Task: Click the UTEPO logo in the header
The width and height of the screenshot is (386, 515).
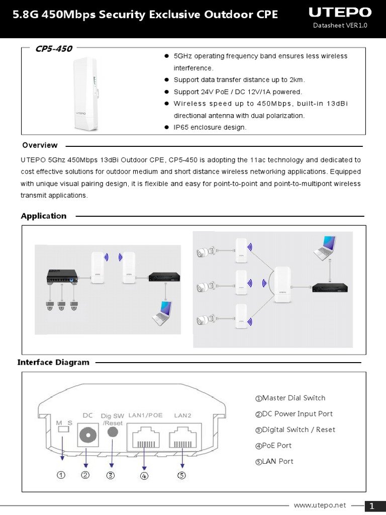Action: click(x=340, y=12)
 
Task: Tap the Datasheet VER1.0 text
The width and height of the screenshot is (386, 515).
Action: click(x=340, y=26)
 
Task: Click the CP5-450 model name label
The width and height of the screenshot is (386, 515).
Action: click(x=53, y=49)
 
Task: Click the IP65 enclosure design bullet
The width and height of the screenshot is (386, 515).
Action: click(x=210, y=128)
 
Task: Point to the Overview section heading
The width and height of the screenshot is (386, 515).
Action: click(x=40, y=145)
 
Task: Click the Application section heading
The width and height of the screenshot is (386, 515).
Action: click(x=44, y=216)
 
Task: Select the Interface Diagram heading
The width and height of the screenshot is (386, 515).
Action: click(x=53, y=362)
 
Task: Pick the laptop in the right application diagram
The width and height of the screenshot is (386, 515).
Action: click(x=324, y=247)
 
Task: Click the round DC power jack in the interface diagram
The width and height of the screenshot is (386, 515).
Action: click(x=87, y=434)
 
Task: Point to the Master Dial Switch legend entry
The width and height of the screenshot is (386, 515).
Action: click(x=290, y=398)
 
